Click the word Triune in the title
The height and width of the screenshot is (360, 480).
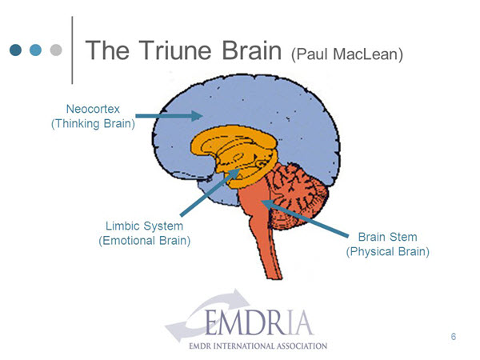tap(176, 50)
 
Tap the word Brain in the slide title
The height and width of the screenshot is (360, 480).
tap(251, 50)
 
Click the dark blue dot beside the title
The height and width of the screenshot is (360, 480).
tap(16, 50)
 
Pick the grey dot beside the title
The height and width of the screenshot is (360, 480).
tap(56, 50)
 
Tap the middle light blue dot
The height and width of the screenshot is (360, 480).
tap(35, 50)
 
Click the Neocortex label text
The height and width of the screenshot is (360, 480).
tap(93, 109)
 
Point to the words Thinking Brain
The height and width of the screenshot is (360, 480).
tap(93, 124)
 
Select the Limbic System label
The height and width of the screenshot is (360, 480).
tap(144, 226)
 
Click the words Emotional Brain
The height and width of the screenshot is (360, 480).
tap(145, 241)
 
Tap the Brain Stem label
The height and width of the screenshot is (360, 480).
tap(387, 237)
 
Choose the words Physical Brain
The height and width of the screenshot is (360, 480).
tap(387, 252)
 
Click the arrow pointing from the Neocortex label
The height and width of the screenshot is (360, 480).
tap(169, 116)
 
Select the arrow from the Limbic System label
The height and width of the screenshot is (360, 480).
tap(210, 192)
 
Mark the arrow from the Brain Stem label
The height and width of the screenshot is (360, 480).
tap(305, 218)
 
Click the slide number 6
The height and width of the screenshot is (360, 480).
tap(454, 337)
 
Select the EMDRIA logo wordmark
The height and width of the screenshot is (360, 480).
tap(258, 323)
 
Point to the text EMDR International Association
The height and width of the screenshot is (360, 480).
tap(258, 346)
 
